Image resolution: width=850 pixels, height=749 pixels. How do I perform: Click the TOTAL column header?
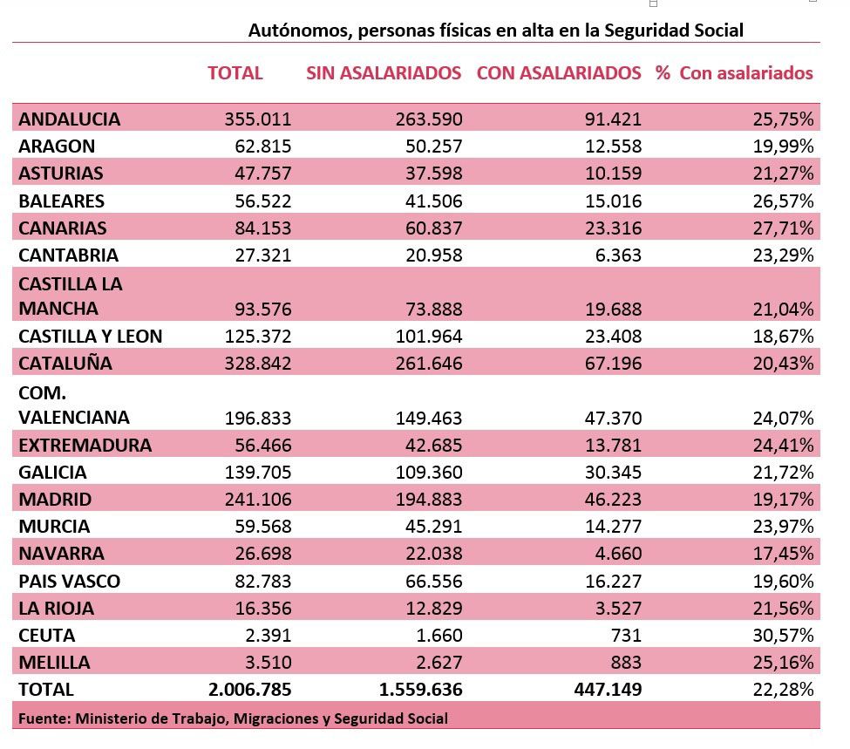235,73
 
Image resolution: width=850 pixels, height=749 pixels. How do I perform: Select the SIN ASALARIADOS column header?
384,73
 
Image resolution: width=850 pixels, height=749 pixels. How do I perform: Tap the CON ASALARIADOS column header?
559,73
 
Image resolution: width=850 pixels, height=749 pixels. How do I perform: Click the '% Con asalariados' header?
735,73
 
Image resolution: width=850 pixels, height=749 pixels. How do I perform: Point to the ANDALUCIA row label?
70,119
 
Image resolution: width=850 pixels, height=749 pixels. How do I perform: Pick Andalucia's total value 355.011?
258,119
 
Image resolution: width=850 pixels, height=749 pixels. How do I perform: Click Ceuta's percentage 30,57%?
784,635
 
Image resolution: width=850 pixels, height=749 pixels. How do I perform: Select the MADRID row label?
55,500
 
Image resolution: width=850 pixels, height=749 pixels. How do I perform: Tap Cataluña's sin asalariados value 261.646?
429,364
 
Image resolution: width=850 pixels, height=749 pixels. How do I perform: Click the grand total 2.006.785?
250,690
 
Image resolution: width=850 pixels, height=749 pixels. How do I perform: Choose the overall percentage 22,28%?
784,690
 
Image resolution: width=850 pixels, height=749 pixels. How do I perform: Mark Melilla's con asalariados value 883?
626,662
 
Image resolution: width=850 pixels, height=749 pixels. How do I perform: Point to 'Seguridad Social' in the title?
674,31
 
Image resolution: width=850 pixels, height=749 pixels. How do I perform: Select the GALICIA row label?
52,473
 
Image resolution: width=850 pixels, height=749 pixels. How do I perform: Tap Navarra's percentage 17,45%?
784,554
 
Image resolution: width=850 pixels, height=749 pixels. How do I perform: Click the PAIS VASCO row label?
70,581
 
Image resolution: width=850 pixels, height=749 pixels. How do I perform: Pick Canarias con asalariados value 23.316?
613,228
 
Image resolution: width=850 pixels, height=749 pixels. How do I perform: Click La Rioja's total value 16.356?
263,608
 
